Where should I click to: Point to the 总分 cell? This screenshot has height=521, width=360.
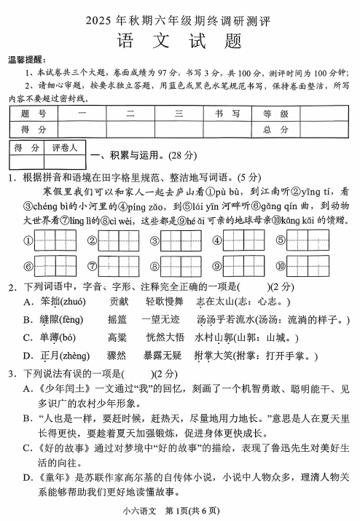coord(275,128)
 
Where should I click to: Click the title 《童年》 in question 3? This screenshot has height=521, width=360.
coord(55,478)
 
